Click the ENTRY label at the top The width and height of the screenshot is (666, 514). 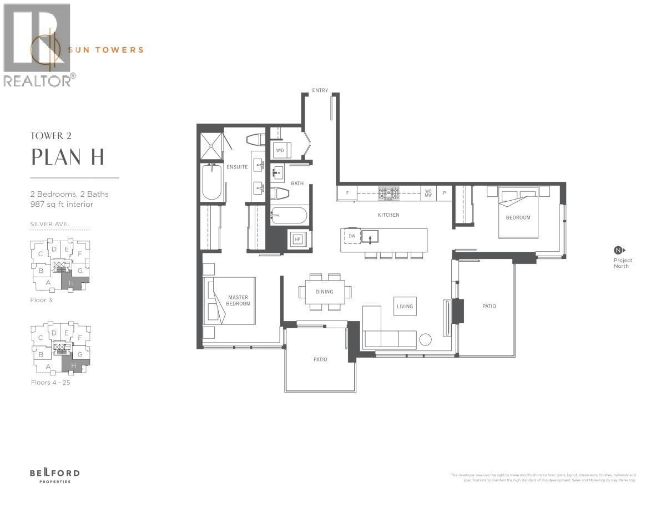click(320, 90)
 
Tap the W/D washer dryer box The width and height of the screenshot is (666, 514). click(280, 150)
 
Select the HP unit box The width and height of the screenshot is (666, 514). click(297, 239)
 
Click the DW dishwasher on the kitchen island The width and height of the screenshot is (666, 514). click(352, 236)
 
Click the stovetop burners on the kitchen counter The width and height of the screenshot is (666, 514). click(389, 194)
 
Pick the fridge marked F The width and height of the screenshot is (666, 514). click(347, 194)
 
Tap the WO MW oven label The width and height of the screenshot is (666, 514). click(428, 194)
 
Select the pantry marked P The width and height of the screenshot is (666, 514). click(444, 194)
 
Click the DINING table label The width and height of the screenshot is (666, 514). click(325, 292)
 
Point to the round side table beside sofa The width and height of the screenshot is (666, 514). click(426, 340)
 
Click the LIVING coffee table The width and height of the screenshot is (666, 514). click(405, 306)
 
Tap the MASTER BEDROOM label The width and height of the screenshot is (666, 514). click(239, 301)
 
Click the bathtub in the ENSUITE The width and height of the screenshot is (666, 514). click(211, 182)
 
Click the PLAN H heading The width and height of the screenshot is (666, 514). click(68, 157)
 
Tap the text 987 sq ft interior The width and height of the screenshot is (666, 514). click(62, 205)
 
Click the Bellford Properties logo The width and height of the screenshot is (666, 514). click(54, 475)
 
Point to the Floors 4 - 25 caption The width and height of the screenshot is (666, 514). click(51, 383)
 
